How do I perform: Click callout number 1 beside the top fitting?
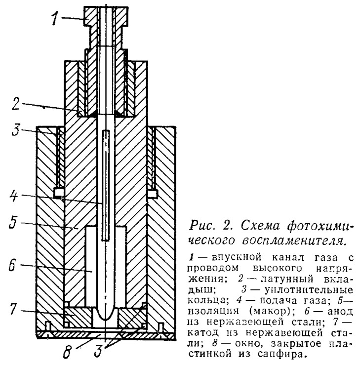tap(55, 18)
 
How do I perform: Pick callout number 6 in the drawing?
tap(12, 265)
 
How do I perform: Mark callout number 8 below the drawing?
tap(67, 353)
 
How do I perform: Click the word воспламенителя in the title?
tap(292, 240)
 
